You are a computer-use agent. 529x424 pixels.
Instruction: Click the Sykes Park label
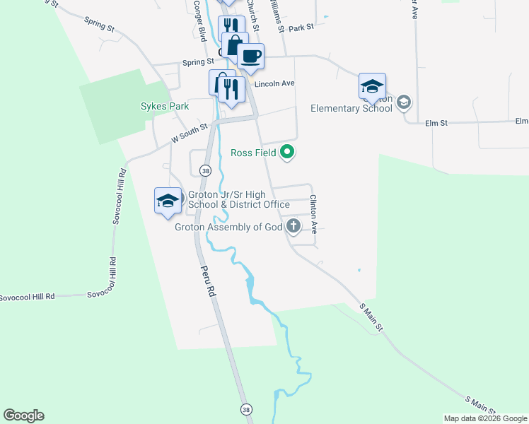click(x=164, y=106)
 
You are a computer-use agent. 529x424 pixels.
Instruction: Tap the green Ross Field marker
click(x=287, y=152)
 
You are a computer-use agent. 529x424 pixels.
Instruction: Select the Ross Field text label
click(x=252, y=153)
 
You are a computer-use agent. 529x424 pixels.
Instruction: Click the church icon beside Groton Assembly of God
click(x=293, y=227)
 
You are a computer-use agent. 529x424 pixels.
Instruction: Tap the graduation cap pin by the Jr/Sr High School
click(x=167, y=200)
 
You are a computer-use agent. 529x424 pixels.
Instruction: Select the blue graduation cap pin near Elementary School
click(x=372, y=86)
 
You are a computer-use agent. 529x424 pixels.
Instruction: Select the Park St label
click(x=301, y=28)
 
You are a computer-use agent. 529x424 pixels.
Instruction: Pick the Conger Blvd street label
click(x=201, y=20)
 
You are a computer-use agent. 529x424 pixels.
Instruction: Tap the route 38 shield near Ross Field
click(x=205, y=170)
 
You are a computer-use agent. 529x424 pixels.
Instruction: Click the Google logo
click(x=23, y=416)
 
